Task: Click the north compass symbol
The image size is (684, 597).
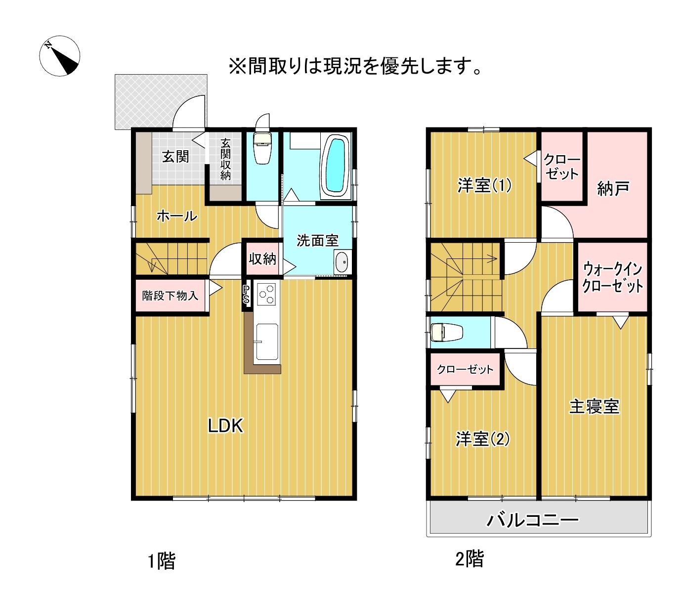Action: [59, 56]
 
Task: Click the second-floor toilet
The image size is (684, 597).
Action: [447, 332]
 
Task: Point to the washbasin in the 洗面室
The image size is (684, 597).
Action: [342, 262]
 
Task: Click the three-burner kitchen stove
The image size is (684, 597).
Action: [267, 294]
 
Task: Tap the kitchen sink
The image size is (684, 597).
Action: [266, 342]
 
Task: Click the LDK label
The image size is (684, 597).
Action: [226, 426]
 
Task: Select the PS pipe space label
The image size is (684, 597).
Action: [247, 295]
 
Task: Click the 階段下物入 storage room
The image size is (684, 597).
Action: [171, 296]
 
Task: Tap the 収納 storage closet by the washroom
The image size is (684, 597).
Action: [262, 258]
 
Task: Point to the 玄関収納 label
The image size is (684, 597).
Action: [225, 160]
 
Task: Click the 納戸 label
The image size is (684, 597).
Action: [613, 188]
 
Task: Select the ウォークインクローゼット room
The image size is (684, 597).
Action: [612, 277]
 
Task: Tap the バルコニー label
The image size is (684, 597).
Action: [532, 520]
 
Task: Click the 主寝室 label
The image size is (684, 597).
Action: [594, 406]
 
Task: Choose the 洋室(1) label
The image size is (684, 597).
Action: [484, 185]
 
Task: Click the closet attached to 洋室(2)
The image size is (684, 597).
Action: [465, 369]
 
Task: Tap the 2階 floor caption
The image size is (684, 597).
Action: [470, 559]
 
